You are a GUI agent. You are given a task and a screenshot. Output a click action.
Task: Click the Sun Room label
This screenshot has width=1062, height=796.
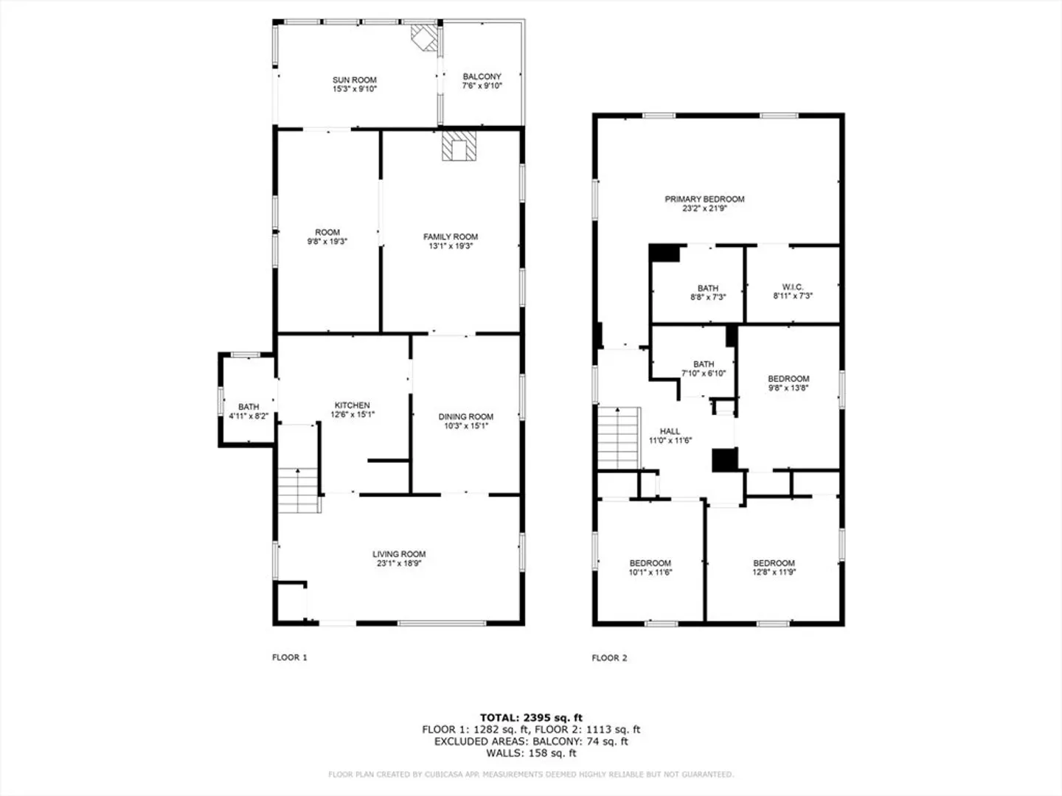tap(354, 80)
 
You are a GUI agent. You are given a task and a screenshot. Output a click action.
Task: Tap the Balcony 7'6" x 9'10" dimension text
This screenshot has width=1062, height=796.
tap(482, 86)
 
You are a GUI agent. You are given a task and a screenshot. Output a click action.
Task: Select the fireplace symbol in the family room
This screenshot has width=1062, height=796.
tap(459, 145)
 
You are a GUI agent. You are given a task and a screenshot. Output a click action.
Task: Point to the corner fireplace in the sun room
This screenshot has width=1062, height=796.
tap(424, 38)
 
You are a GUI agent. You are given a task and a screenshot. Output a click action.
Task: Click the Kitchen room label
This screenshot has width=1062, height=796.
tap(353, 405)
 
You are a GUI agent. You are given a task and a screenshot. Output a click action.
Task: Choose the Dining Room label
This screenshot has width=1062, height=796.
tap(466, 416)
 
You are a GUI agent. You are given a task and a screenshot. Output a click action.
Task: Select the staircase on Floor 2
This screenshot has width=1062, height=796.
tap(619, 438)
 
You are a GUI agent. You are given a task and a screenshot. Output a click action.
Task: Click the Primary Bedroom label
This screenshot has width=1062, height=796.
tap(704, 199)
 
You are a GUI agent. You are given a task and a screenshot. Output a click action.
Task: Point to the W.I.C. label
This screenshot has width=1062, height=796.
tap(793, 287)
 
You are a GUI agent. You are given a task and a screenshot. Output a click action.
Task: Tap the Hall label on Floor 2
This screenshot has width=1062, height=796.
tap(670, 431)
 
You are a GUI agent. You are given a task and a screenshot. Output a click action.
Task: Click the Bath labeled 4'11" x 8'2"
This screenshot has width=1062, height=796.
tap(249, 411)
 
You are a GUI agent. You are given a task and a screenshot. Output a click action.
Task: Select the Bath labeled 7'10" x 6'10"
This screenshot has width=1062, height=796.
tap(704, 369)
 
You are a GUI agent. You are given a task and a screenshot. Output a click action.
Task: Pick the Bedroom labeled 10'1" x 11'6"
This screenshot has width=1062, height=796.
tap(650, 568)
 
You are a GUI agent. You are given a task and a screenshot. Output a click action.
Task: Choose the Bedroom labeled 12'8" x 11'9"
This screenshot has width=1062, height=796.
tap(774, 568)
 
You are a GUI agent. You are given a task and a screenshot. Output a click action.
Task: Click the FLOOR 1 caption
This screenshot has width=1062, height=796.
tap(289, 657)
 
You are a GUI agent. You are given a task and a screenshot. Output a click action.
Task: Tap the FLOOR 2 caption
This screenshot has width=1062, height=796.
tap(609, 657)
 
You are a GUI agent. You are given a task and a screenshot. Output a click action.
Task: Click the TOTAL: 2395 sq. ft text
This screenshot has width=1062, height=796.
tap(531, 718)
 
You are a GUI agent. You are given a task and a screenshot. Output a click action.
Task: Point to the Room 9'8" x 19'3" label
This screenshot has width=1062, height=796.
tap(327, 237)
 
